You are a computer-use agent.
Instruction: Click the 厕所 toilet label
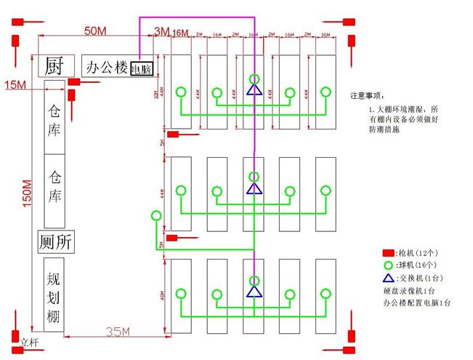point(57,243)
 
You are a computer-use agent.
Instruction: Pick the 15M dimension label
point(15,85)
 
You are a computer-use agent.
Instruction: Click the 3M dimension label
point(161,31)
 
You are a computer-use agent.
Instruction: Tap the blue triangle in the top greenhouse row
point(254,90)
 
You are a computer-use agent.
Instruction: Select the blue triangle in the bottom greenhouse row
point(254,292)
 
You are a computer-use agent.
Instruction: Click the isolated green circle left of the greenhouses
point(154,216)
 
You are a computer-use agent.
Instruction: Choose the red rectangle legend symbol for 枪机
point(389,252)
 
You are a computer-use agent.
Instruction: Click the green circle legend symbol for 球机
point(389,265)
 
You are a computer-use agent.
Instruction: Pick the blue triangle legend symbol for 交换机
point(389,278)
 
